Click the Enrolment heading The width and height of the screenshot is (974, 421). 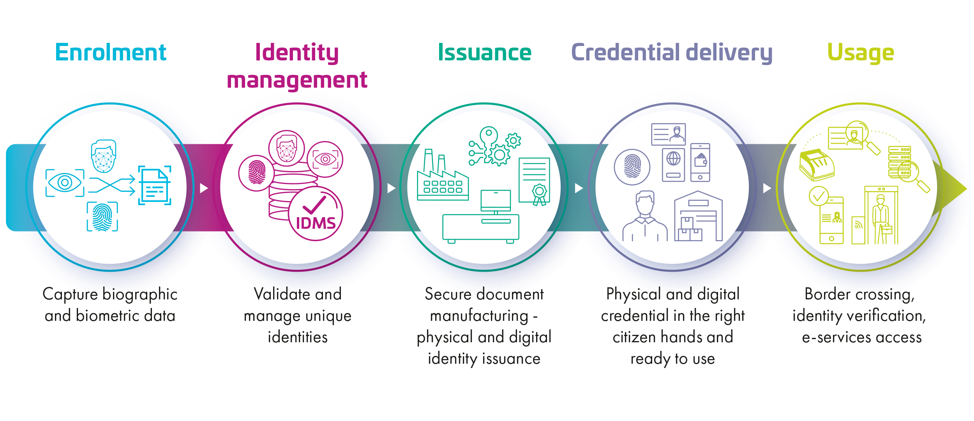pyautogui.click(x=111, y=53)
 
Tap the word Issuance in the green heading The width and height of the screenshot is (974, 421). pyautogui.click(x=484, y=53)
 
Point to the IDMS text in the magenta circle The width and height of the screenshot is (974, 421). pyautogui.click(x=316, y=223)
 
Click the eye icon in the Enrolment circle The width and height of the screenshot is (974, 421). pyautogui.click(x=65, y=182)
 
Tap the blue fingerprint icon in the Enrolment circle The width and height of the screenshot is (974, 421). pyautogui.click(x=102, y=217)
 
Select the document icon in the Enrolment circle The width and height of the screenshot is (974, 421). pyautogui.click(x=155, y=186)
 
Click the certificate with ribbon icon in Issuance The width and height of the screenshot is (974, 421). pyautogui.click(x=534, y=181)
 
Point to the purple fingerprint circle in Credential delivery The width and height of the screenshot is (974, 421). pyautogui.click(x=632, y=167)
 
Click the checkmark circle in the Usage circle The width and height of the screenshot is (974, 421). pyautogui.click(x=819, y=196)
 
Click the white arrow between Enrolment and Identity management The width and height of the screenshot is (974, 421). pyautogui.click(x=204, y=188)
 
